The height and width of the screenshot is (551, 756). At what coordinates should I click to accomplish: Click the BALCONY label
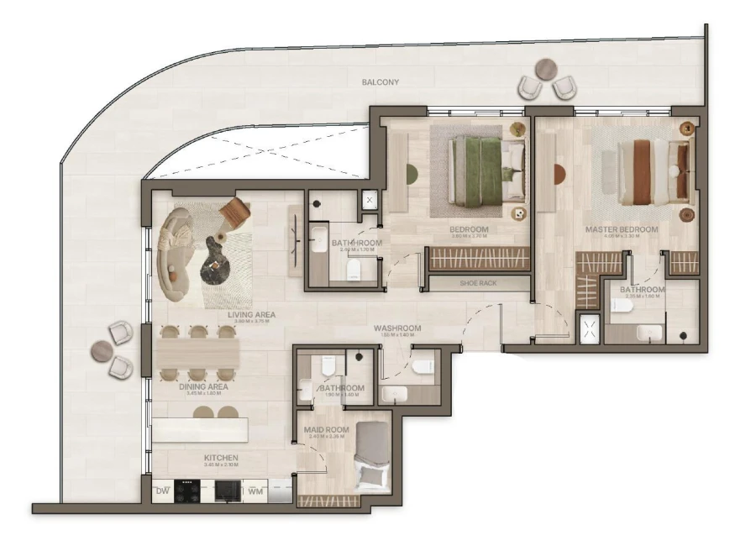point(381,82)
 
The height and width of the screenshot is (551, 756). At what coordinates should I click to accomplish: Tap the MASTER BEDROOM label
point(622,229)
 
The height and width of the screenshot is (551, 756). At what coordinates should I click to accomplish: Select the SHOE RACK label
point(478,283)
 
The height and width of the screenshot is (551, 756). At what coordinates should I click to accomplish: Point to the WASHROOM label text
point(397,328)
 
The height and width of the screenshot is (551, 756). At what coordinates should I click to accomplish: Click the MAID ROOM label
point(326,429)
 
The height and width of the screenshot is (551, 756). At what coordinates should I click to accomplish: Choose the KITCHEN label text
point(221,459)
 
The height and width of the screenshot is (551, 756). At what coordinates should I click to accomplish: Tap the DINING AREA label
point(203,387)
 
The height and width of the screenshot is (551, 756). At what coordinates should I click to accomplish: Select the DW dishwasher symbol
point(162,491)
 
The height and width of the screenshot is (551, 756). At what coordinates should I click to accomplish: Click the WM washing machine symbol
point(255,491)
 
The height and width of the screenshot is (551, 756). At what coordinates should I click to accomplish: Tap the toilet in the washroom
point(423,365)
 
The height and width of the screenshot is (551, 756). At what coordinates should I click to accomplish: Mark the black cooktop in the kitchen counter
point(186,491)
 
